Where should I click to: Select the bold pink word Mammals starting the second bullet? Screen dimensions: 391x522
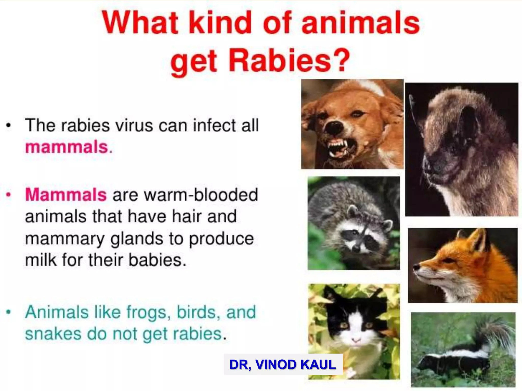point(66,194)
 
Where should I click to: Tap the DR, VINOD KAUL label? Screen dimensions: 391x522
point(283,364)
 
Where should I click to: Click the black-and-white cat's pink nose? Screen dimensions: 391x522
point(356,340)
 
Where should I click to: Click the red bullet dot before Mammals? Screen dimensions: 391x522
point(9,195)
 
